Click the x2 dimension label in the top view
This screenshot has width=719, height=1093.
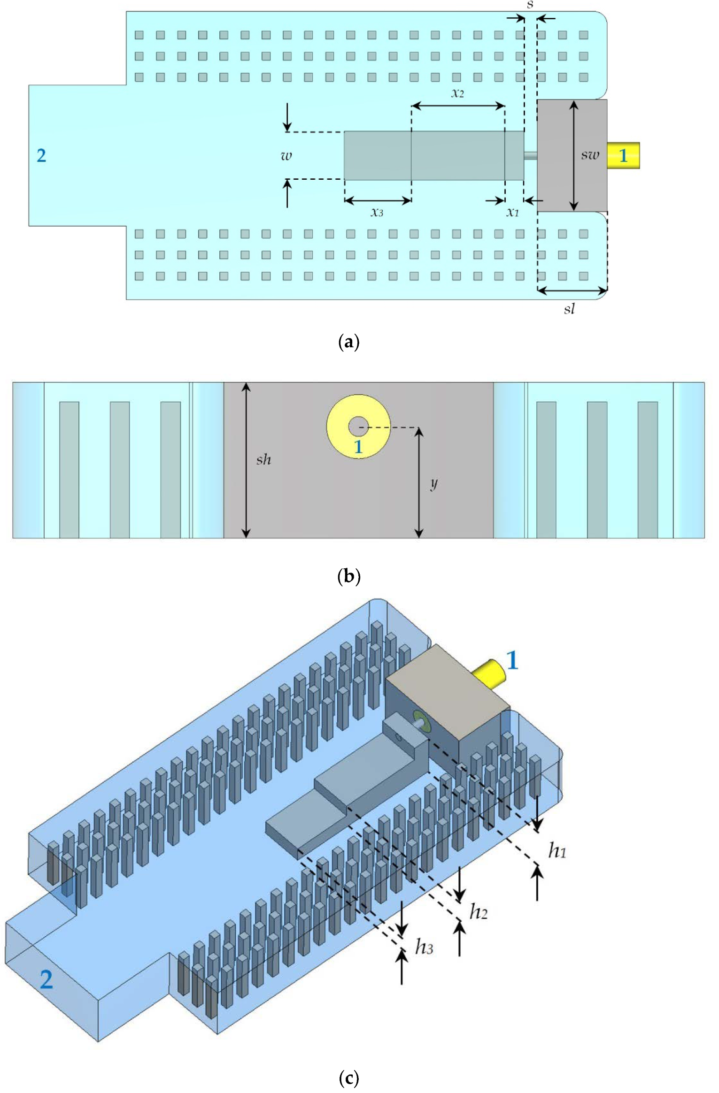pyautogui.click(x=457, y=93)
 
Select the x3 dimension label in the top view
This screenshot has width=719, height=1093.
pyautogui.click(x=377, y=213)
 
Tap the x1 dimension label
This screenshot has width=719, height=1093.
pyautogui.click(x=512, y=213)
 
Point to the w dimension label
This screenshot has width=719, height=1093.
pyautogui.click(x=286, y=155)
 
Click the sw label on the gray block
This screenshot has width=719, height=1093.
pyautogui.click(x=590, y=155)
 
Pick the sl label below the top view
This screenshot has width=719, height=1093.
pyautogui.click(x=569, y=309)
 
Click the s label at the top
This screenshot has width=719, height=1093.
pyautogui.click(x=530, y=5)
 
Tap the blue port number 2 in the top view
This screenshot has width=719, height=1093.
pyautogui.click(x=41, y=155)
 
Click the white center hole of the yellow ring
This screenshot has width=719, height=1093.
pyautogui.click(x=358, y=426)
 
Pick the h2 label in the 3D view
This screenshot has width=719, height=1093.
pyautogui.click(x=479, y=911)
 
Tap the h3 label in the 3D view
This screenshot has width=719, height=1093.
pyautogui.click(x=424, y=947)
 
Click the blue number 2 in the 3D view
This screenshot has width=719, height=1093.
pyautogui.click(x=46, y=979)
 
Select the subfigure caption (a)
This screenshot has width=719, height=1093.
pyautogui.click(x=348, y=342)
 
